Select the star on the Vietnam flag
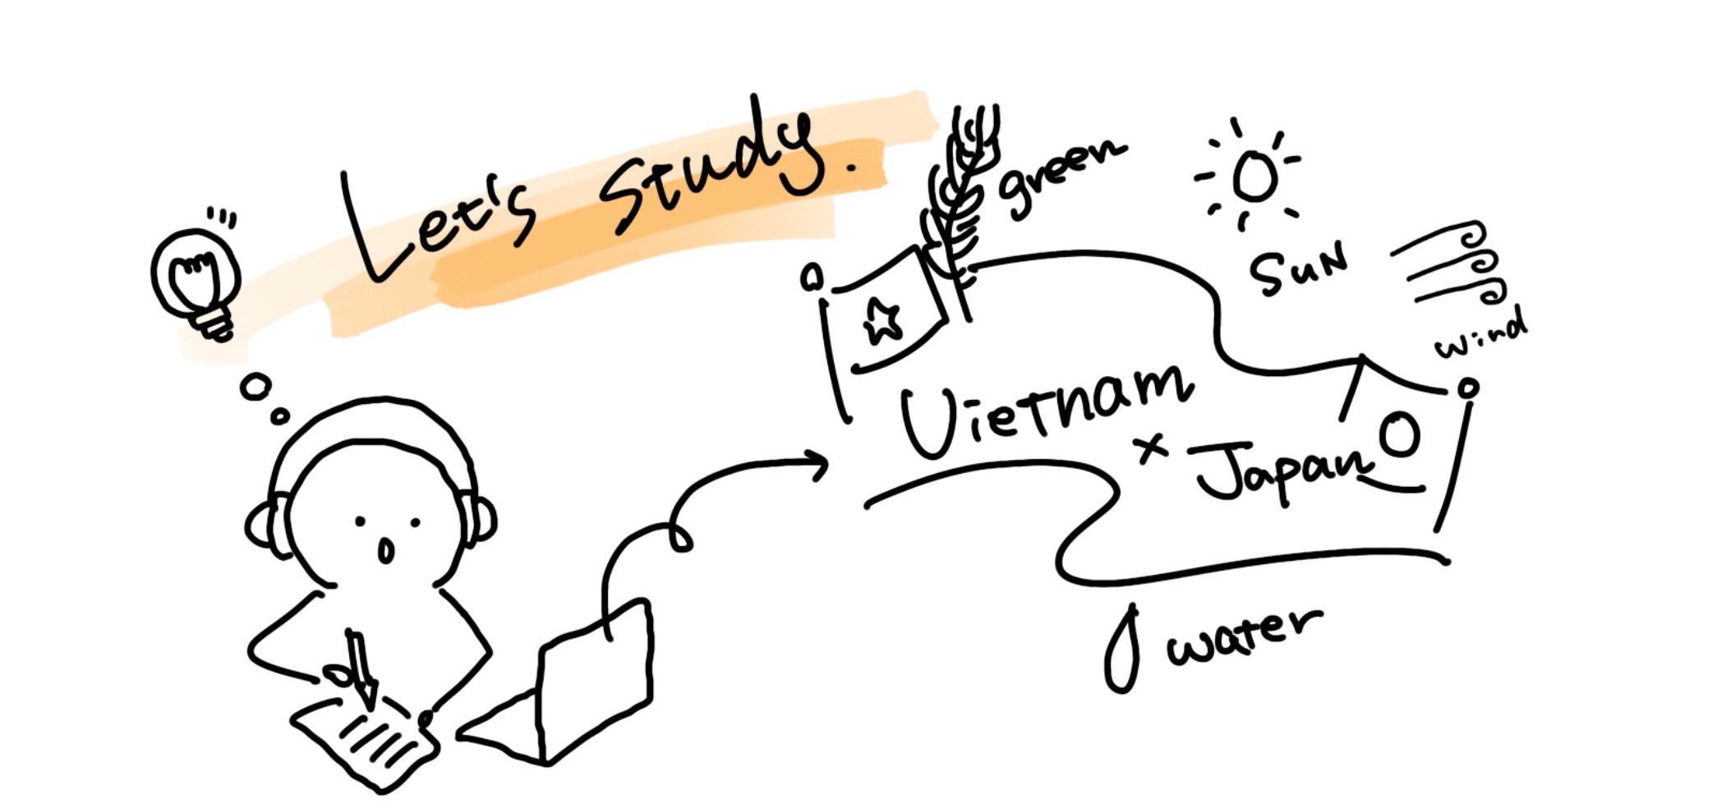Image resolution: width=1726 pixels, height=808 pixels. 881,320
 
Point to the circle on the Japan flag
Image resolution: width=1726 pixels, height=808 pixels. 1398,435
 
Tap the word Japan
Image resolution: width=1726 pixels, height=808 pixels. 1282,472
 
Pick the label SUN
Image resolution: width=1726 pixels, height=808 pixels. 1298,267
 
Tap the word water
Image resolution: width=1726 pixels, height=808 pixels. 1245,640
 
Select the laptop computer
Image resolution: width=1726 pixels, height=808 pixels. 575,690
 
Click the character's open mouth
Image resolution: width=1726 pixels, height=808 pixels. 385,549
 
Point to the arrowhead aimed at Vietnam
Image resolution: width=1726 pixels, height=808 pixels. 817,466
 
